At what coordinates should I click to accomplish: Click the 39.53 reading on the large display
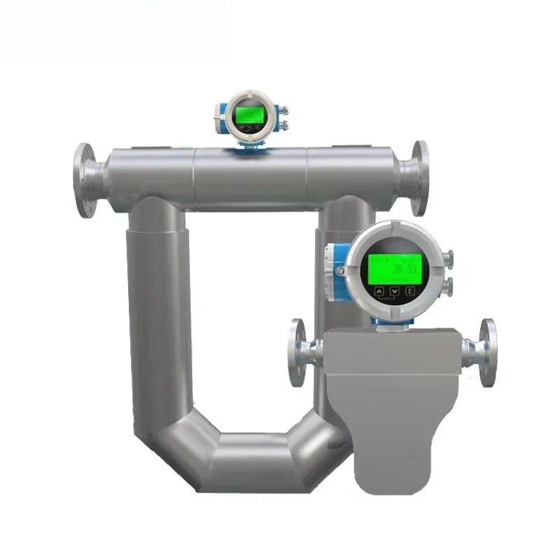pyautogui.click(x=402, y=269)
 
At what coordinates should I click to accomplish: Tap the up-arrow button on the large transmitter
pyautogui.click(x=379, y=290)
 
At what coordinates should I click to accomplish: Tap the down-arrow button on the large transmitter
pyautogui.click(x=393, y=290)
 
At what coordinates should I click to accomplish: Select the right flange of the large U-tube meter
pyautogui.click(x=419, y=178)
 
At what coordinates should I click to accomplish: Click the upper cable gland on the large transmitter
pyautogui.click(x=449, y=259)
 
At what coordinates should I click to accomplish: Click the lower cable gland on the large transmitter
pyautogui.click(x=449, y=284)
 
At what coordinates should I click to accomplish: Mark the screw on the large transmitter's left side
pyautogui.click(x=339, y=270)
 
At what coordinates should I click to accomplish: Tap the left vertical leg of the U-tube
pyautogui.click(x=155, y=315)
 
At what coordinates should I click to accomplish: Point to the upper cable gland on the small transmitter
pyautogui.click(x=283, y=111)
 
